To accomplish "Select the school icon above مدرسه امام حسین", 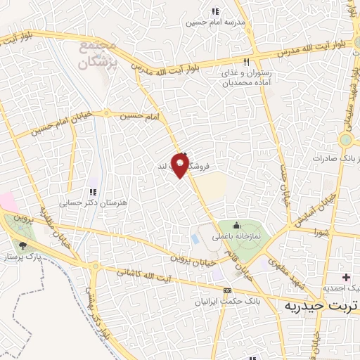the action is click(214, 11).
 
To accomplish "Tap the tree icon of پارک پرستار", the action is click(23, 245).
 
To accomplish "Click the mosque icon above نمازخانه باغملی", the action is click(236, 226).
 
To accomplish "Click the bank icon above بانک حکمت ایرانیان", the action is click(226, 290).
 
